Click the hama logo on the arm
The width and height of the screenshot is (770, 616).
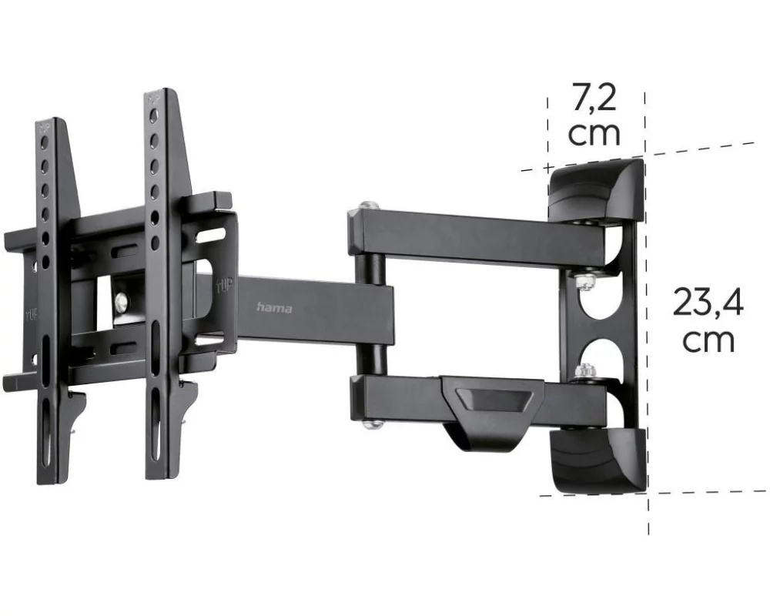click(274, 308)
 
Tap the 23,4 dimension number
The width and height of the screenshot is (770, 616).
click(708, 303)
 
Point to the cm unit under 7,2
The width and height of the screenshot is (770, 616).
click(594, 132)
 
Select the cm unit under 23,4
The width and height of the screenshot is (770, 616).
click(708, 340)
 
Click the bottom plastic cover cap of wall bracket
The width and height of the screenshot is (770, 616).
click(600, 460)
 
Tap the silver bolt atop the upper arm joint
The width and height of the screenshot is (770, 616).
click(366, 206)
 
